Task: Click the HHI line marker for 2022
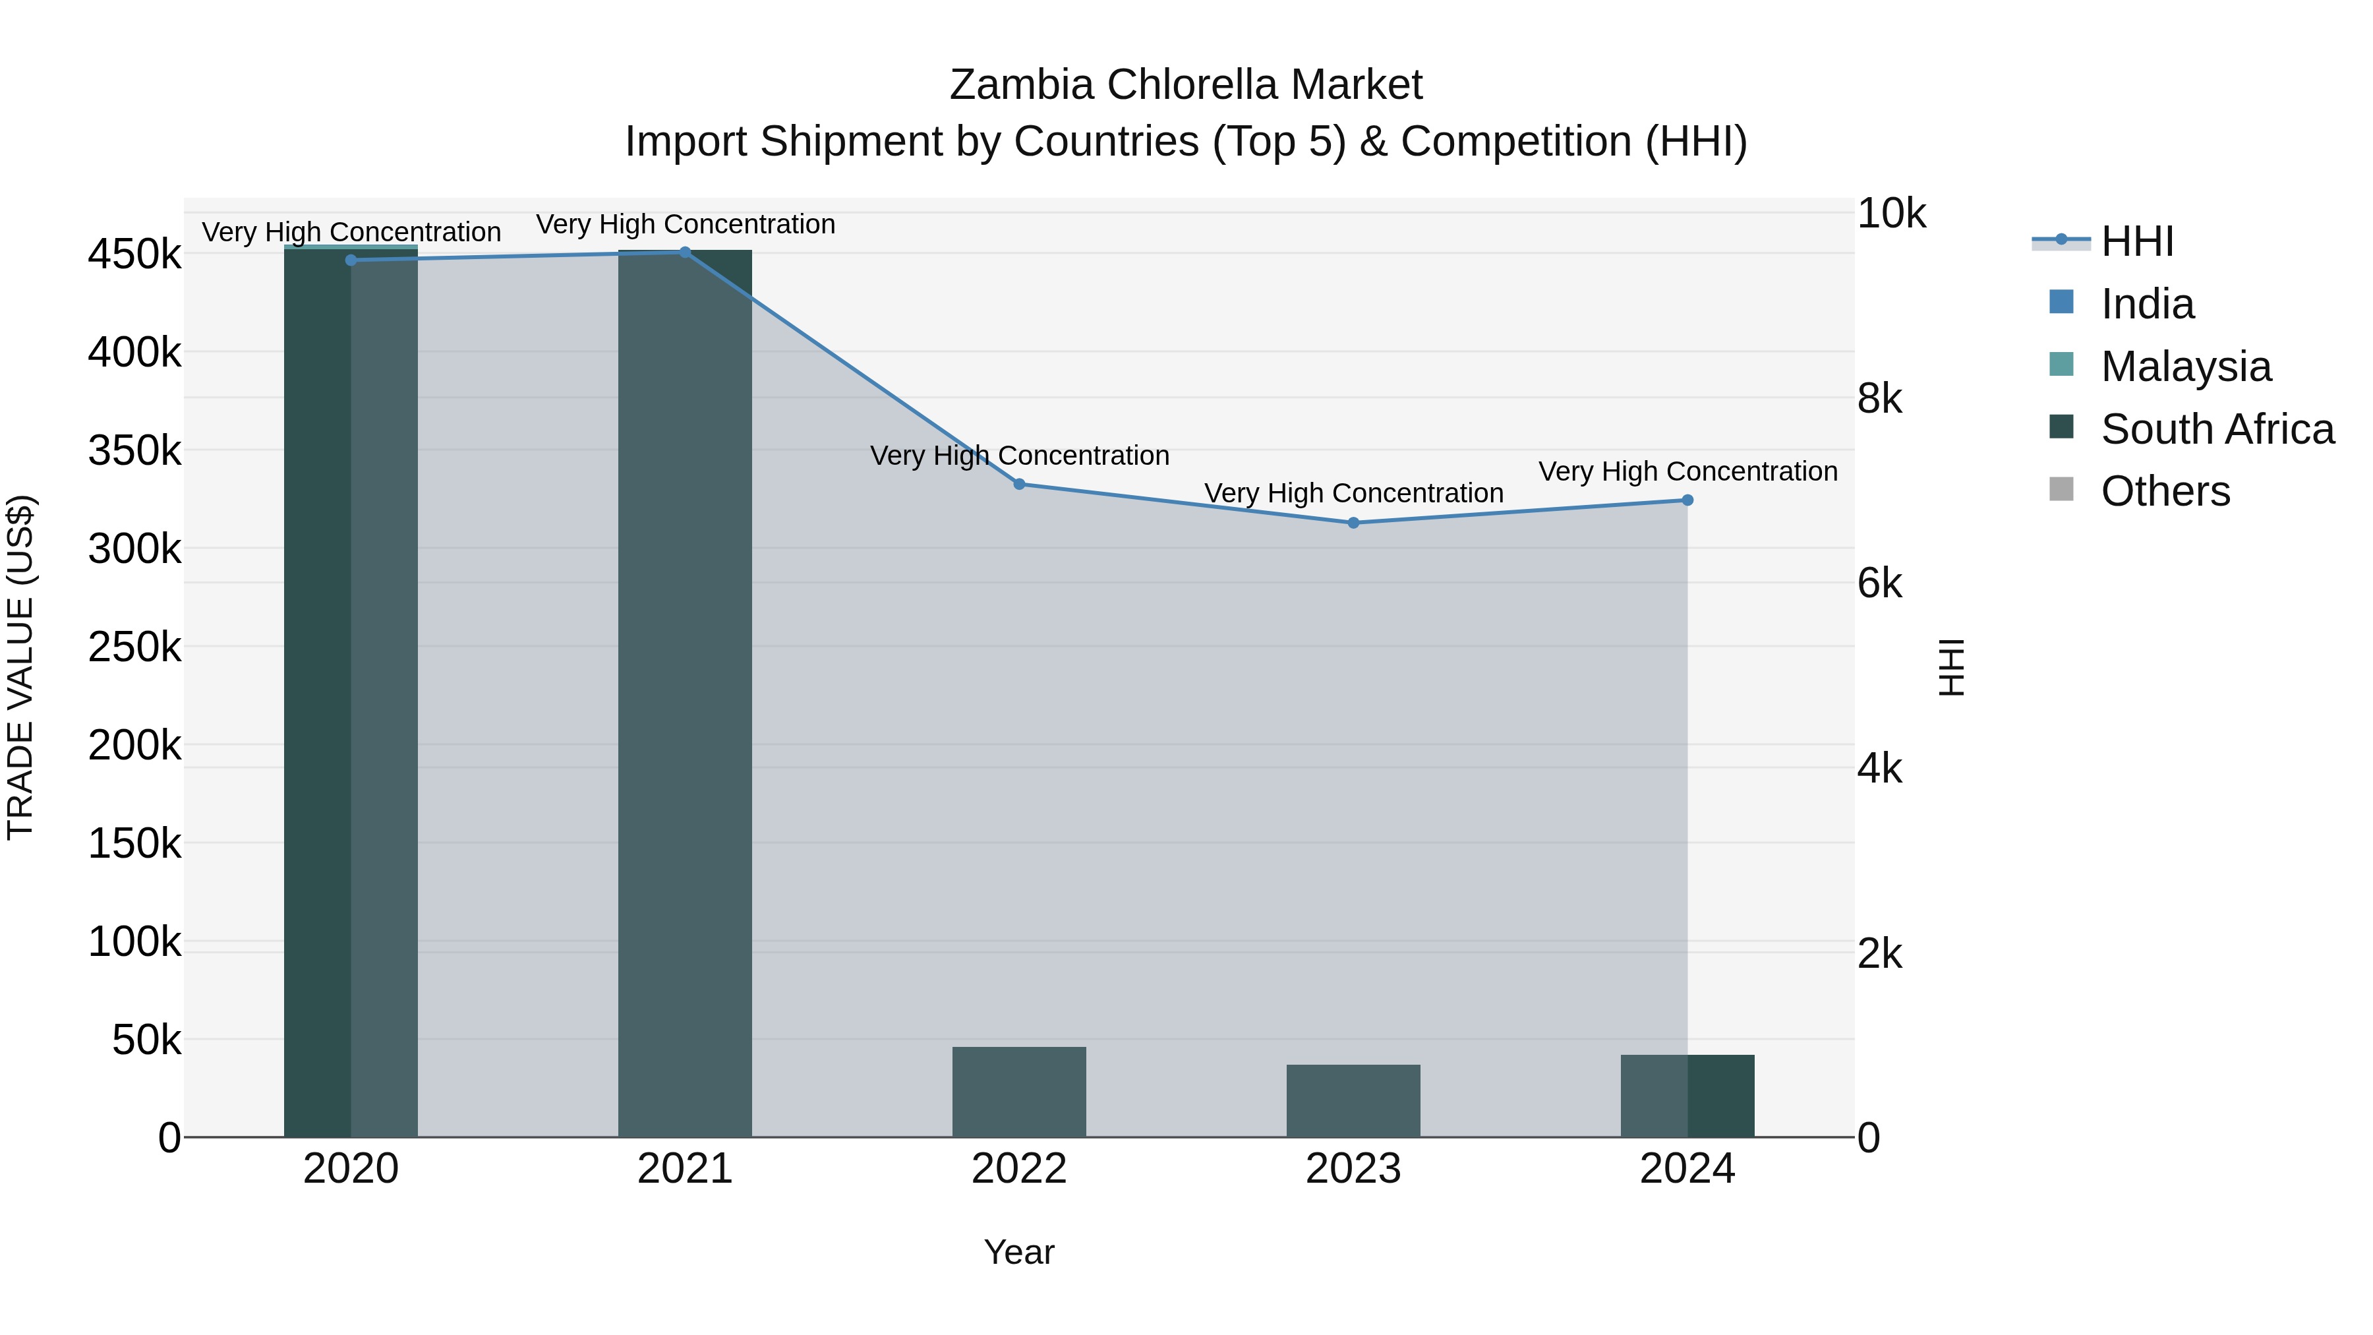1019,484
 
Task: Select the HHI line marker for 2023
1353,522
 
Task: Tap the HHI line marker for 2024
1687,500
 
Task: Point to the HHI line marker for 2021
684,252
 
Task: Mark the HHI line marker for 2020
350,260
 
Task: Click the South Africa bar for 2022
1019,1092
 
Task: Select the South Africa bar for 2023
1353,1101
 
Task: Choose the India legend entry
2146,304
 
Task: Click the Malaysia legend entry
2185,367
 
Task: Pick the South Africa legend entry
2216,429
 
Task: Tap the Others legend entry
2165,492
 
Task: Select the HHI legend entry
2136,241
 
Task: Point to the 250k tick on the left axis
134,647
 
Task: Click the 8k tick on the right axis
1879,399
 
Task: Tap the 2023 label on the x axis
1353,1169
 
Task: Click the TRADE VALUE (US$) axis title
20,667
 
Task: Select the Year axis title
1019,1252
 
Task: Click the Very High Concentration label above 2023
1353,494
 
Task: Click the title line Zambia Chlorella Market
1186,85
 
